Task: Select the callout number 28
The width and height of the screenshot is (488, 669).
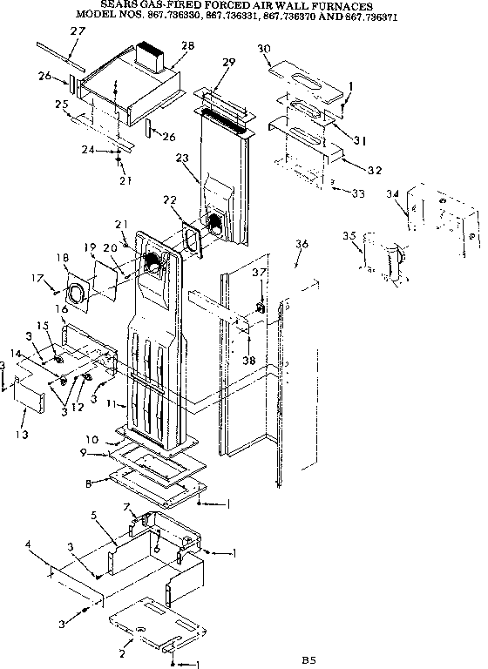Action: click(186, 45)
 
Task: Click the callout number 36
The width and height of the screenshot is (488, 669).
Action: click(302, 245)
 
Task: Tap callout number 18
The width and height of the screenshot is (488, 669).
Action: click(62, 258)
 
